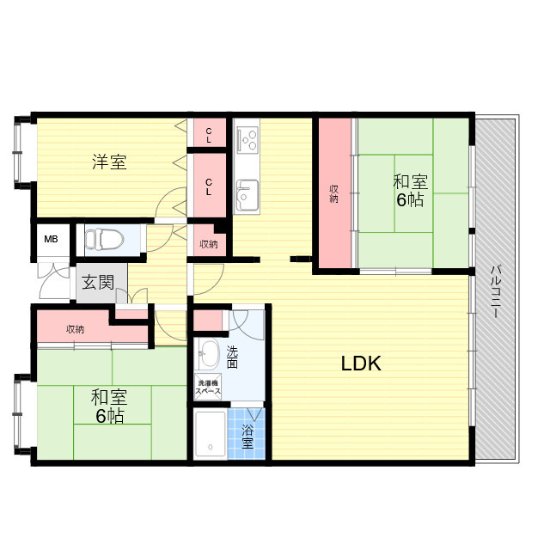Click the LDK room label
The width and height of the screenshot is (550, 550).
(x=361, y=364)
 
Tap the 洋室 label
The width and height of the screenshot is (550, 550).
(x=109, y=162)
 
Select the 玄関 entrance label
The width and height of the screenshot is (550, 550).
(x=98, y=283)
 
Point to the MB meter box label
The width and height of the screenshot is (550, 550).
(x=51, y=239)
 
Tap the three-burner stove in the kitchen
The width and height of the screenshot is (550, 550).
(x=247, y=140)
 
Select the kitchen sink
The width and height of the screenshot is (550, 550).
(x=247, y=195)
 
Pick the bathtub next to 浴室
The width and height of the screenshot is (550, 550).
(x=211, y=435)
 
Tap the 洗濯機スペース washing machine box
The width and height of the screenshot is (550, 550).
(x=208, y=387)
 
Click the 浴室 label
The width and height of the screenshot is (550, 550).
(x=247, y=437)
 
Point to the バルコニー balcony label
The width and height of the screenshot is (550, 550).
(x=495, y=292)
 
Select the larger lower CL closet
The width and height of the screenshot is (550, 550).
(x=209, y=186)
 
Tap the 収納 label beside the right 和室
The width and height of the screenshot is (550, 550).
(x=334, y=193)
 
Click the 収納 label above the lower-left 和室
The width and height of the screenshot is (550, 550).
(x=76, y=329)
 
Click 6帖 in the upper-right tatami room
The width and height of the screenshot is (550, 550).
(x=410, y=199)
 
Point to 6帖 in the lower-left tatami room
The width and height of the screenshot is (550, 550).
(x=109, y=416)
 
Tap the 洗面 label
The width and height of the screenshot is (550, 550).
(x=232, y=357)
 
